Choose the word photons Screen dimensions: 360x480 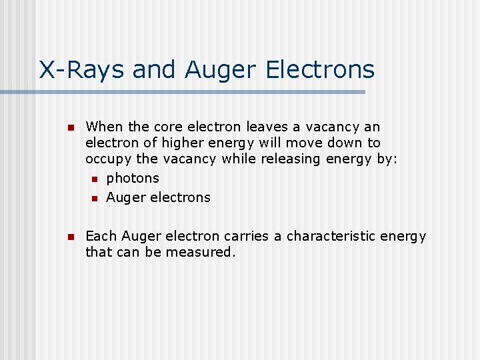point(133,178)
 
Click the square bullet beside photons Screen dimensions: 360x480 point(95,179)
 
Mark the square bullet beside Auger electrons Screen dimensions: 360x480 point(95,198)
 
